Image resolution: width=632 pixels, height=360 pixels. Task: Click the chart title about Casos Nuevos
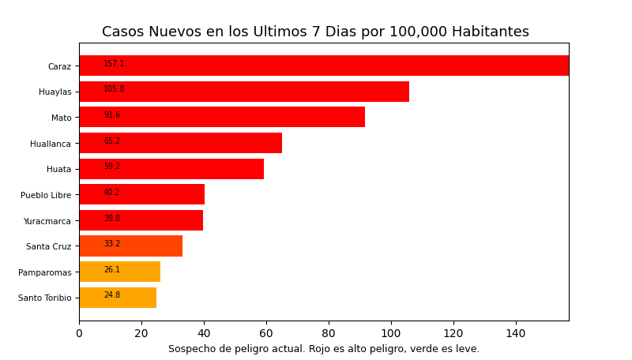315,32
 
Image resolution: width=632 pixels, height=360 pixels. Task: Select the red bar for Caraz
324,66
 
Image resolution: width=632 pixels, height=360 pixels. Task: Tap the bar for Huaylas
244,92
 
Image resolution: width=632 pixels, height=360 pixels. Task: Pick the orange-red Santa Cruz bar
131,246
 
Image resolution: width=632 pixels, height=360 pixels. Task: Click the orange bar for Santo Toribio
118,298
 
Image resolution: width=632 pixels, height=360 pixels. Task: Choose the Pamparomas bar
120,272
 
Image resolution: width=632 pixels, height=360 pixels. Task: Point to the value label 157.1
114,64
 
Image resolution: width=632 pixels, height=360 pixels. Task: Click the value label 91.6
112,115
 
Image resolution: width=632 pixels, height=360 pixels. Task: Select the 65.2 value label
112,141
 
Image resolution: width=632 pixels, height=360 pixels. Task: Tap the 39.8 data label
112,219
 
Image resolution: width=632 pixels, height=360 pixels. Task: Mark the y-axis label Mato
62,118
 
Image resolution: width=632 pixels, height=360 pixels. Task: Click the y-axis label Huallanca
51,144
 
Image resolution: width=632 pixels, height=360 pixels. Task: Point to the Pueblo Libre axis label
46,195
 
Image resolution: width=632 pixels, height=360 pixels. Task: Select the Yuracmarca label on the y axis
47,221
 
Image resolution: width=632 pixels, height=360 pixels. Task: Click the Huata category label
58,169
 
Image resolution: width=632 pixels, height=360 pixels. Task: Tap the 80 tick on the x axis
329,334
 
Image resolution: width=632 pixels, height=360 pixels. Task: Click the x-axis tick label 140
516,334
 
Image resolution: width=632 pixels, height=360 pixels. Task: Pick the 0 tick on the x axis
79,334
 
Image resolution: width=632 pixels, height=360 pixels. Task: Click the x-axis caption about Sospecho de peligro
324,349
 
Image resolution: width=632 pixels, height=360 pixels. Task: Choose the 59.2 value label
112,167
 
